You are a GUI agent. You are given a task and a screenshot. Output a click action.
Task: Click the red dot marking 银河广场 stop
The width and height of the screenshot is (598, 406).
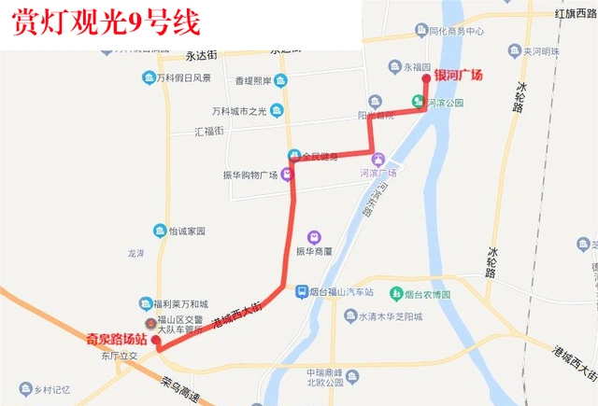(426, 79)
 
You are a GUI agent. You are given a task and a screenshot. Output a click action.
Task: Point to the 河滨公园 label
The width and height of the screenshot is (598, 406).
(446, 103)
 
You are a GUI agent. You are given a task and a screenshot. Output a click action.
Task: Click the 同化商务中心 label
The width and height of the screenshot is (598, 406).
(454, 32)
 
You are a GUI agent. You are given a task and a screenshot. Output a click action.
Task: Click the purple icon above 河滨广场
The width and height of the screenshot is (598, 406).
(377, 160)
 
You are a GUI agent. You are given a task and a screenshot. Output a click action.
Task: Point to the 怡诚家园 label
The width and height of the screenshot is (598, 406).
(186, 231)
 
